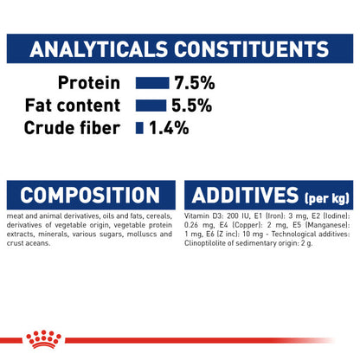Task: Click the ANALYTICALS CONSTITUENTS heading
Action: (x=180, y=48)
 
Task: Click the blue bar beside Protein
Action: (x=151, y=83)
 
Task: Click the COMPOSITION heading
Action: (x=89, y=194)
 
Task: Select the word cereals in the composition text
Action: (x=158, y=215)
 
